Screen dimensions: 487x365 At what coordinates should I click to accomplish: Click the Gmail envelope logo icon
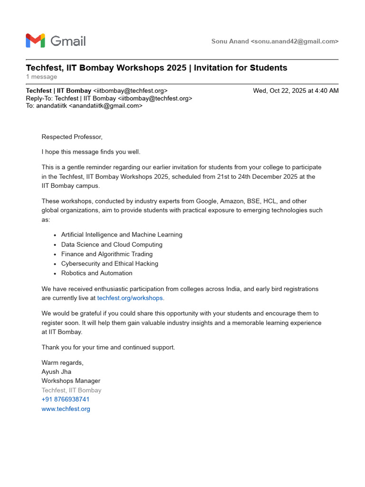pyautogui.click(x=35, y=41)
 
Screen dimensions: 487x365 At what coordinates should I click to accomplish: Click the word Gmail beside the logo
pyautogui.click(x=68, y=41)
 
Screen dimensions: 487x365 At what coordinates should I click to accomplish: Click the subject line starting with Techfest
pyautogui.click(x=156, y=68)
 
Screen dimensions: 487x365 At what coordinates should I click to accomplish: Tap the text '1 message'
pyautogui.click(x=41, y=77)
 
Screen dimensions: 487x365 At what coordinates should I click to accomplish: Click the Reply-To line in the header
pyautogui.click(x=109, y=98)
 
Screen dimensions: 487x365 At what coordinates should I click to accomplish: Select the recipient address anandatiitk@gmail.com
pyautogui.click(x=106, y=106)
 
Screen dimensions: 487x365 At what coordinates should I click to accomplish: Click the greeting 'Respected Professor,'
pyautogui.click(x=72, y=137)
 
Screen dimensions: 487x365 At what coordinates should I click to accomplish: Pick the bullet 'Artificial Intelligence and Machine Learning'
pyautogui.click(x=122, y=235)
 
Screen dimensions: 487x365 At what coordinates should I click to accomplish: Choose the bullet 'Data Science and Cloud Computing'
pyautogui.click(x=112, y=244)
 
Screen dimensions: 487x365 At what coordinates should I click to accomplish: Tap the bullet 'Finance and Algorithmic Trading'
pyautogui.click(x=107, y=254)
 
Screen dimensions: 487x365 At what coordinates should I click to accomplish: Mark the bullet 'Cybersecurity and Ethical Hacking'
pyautogui.click(x=110, y=263)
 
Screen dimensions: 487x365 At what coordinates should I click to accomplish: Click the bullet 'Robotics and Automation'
pyautogui.click(x=97, y=273)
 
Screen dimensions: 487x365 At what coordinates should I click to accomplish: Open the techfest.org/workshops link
pyautogui.click(x=130, y=298)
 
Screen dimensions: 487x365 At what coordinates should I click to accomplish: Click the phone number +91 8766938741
pyautogui.click(x=66, y=399)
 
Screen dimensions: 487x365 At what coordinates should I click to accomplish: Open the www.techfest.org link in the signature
pyautogui.click(x=66, y=409)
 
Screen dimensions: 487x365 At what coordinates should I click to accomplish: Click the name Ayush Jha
pyautogui.click(x=57, y=372)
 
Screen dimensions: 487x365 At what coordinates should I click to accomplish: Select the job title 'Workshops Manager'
pyautogui.click(x=71, y=381)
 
